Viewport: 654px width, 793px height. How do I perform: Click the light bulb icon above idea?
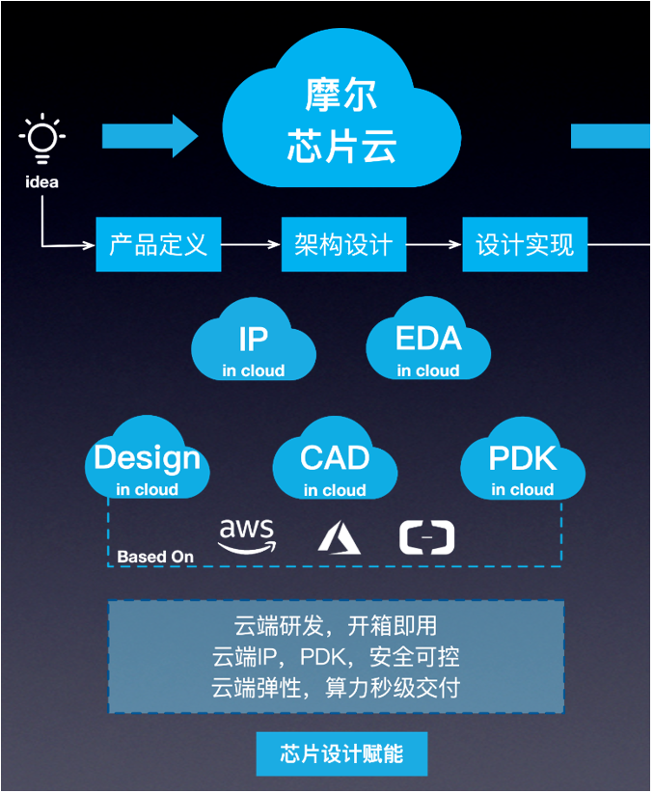42,139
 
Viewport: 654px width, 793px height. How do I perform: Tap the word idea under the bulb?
42,182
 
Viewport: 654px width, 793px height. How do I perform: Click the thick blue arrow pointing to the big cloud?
150,136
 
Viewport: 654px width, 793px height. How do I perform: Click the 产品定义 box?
159,245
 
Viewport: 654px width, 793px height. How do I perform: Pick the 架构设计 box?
344,245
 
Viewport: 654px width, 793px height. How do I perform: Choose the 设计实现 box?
525,245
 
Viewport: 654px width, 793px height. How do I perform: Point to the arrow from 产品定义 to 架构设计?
252,245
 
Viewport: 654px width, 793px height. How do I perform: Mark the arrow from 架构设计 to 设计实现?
434,245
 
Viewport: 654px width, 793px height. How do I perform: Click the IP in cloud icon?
254,342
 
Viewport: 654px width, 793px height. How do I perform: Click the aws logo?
247,536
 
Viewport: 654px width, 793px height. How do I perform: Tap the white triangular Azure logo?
339,537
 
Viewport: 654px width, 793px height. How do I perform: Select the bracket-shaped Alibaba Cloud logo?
427,537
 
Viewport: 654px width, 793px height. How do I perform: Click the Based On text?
155,557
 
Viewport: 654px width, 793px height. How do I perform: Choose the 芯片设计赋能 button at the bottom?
341,754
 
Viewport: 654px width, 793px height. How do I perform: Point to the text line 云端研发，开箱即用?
336,626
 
